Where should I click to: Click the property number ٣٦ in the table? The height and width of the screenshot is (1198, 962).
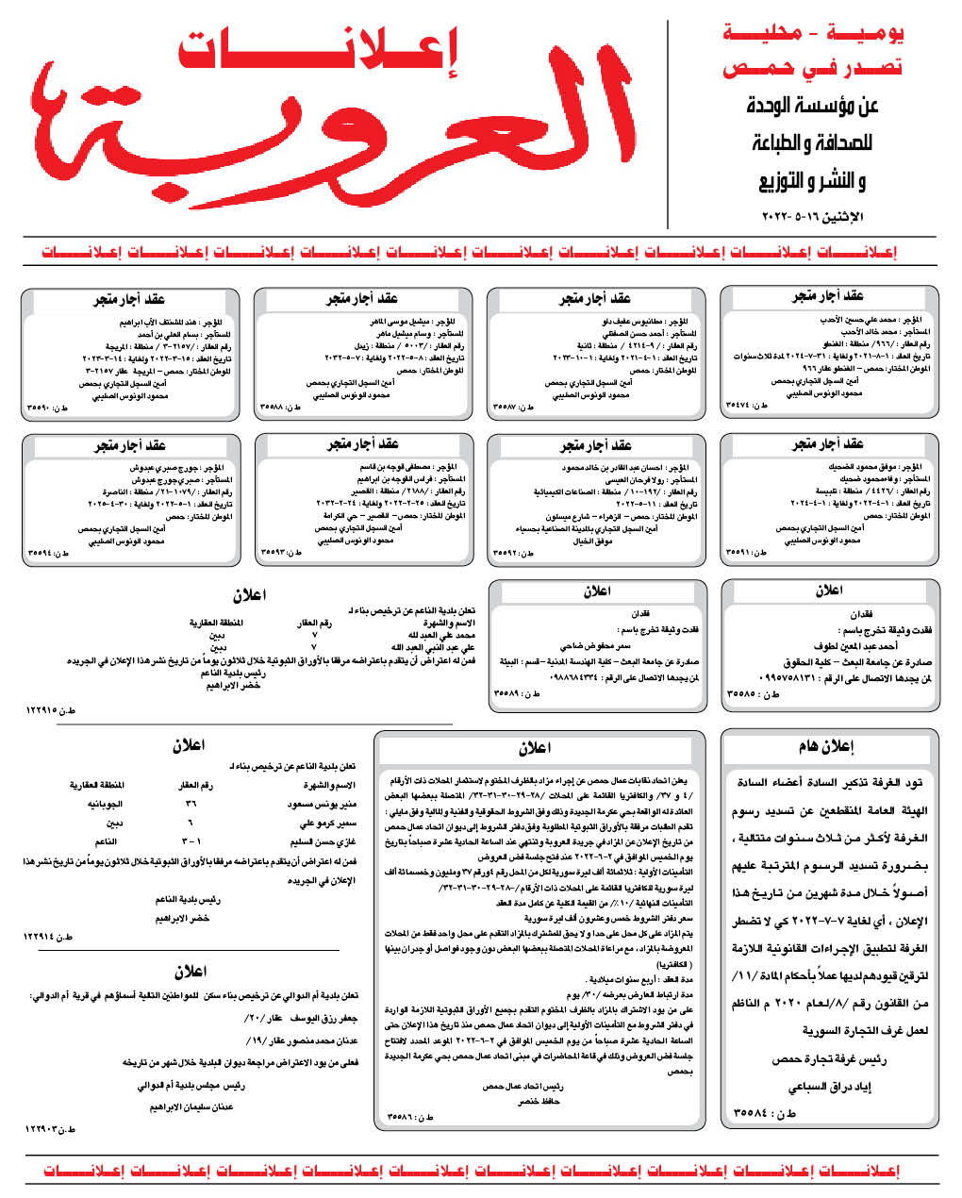point(191,805)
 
